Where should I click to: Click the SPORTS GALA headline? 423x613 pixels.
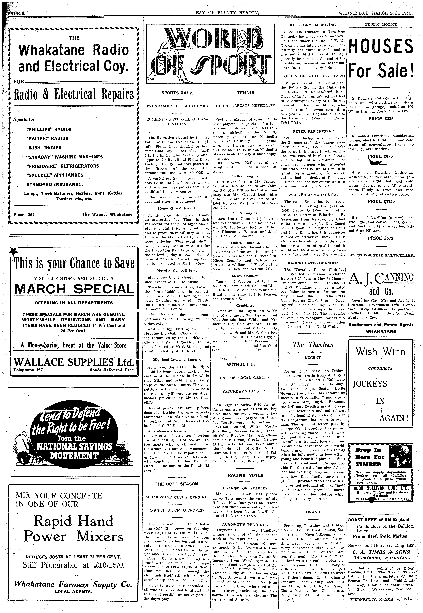(177, 93)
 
